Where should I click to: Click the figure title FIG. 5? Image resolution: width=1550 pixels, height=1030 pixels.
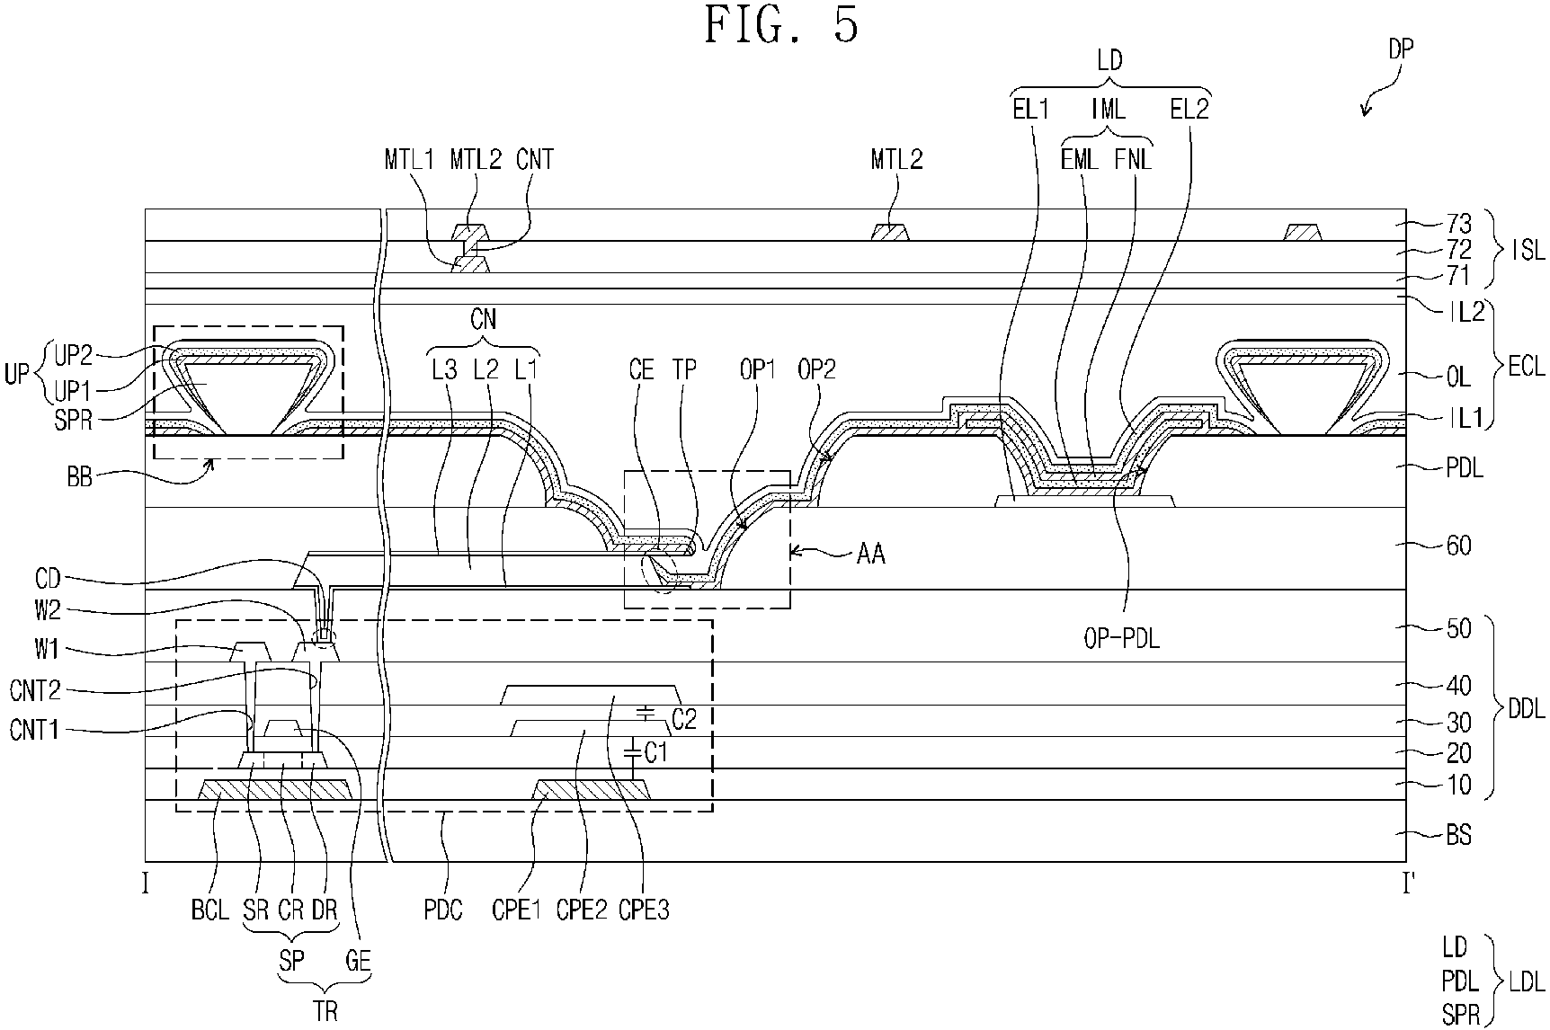tap(781, 25)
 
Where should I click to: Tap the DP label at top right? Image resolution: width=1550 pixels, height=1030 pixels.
tap(1400, 49)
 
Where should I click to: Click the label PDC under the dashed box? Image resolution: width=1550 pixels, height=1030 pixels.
tap(442, 910)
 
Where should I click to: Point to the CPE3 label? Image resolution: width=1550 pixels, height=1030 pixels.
tap(644, 910)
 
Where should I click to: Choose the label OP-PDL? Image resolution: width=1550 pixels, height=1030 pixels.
tap(1118, 639)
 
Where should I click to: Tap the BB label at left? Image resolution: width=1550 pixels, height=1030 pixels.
tap(80, 476)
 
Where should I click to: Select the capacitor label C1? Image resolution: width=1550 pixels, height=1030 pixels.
tap(658, 752)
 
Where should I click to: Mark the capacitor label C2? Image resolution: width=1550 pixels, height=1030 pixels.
tap(684, 718)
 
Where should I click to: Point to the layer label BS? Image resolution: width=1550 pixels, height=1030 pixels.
tap(1457, 835)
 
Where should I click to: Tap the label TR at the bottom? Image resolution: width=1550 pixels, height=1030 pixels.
tap(326, 1011)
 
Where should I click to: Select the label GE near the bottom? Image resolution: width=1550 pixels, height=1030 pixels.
tap(358, 961)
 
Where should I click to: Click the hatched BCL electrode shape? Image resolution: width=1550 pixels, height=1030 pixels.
tap(274, 790)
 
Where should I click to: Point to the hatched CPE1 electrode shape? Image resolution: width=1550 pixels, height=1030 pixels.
tap(592, 790)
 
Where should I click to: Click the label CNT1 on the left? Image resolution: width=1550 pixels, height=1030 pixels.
tap(34, 728)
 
